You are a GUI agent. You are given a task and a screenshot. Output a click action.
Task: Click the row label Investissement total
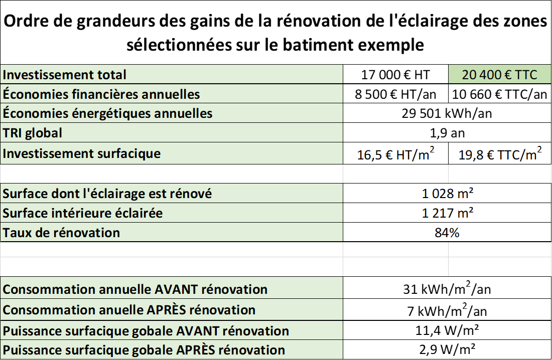[x=65, y=75]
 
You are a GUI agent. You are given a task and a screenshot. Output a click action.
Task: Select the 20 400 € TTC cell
[x=499, y=75]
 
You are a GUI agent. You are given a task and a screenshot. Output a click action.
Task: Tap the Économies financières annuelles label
[x=101, y=94]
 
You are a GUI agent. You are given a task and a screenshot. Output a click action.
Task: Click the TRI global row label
[x=33, y=133]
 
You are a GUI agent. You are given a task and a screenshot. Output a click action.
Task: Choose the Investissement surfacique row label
[x=82, y=153]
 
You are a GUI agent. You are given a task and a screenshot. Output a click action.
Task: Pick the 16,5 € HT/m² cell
[x=395, y=154]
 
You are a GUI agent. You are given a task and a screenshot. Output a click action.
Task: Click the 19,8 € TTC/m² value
[x=500, y=154]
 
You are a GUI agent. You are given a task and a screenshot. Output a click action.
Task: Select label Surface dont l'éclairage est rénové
[x=107, y=194]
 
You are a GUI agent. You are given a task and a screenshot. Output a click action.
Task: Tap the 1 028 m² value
[x=448, y=194]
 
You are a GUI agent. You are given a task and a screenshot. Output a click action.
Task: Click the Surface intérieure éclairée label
[x=83, y=213]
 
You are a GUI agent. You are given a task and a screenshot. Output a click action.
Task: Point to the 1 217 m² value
[x=448, y=213]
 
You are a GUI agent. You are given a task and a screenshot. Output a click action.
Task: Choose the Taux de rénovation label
[x=62, y=233]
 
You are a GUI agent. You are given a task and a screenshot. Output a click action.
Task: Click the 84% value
[x=448, y=233]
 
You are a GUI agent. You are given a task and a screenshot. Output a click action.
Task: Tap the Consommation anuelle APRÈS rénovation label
[x=129, y=310]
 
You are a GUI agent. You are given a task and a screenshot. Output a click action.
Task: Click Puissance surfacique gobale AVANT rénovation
[x=146, y=331]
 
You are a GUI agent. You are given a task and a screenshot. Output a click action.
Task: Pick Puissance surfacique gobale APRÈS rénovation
[x=144, y=350]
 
